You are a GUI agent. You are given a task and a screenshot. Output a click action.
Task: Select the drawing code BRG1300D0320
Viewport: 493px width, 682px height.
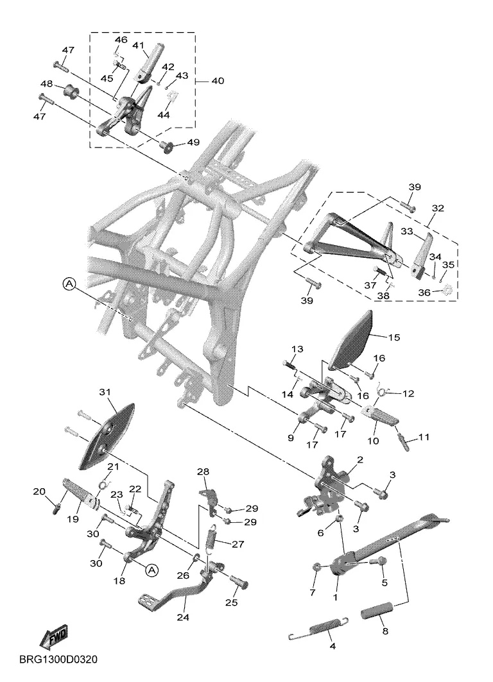pos(58,660)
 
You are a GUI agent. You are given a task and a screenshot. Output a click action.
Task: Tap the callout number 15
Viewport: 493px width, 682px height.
pos(394,336)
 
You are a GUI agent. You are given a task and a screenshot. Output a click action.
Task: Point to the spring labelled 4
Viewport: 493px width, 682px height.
pos(319,628)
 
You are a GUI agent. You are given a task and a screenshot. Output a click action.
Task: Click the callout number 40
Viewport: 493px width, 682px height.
pos(218,81)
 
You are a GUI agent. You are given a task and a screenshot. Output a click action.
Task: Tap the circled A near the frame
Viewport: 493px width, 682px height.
pos(69,283)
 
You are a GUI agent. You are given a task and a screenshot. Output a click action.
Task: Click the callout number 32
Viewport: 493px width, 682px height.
pos(438,209)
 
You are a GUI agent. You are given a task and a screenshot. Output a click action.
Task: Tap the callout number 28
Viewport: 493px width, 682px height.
pos(203,472)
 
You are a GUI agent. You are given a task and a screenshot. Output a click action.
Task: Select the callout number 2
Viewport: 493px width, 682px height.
pos(360,459)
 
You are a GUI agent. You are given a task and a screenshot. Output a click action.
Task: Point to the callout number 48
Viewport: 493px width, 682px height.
pos(46,84)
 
